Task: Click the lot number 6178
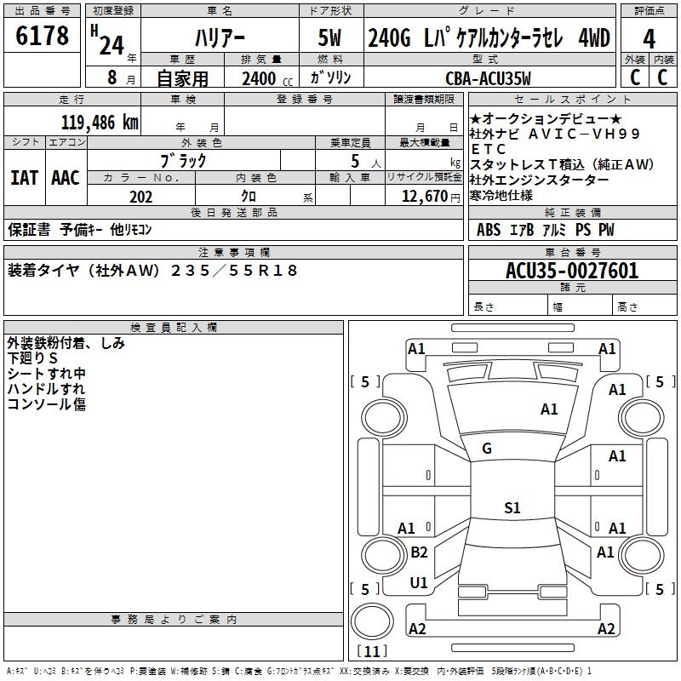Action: pos(43,37)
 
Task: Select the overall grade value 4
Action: pos(649,39)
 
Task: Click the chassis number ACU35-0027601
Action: pos(571,271)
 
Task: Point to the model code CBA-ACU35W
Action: pos(488,78)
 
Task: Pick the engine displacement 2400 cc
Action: pos(260,78)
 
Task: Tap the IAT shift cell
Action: pos(24,178)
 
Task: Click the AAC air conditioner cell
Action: pos(66,178)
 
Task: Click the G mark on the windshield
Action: pos(487,449)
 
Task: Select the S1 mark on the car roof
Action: pos(512,508)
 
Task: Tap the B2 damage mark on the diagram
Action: pos(419,552)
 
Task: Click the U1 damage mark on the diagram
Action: pos(419,583)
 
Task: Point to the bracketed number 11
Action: pos(371,652)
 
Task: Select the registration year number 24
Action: pos(111,44)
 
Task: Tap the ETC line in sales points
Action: pos(489,149)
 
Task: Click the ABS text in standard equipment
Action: pos(489,230)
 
